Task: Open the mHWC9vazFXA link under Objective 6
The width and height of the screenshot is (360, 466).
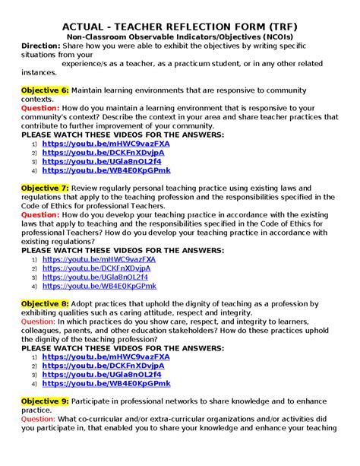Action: click(106, 143)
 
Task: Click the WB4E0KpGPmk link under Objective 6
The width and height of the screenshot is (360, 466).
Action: click(106, 170)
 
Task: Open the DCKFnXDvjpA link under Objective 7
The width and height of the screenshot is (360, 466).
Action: click(96, 268)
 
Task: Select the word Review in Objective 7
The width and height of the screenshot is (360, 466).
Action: click(89, 187)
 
